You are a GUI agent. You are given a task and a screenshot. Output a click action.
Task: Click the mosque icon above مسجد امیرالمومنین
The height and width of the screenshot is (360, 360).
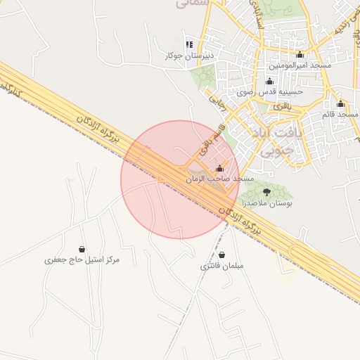click(301, 55)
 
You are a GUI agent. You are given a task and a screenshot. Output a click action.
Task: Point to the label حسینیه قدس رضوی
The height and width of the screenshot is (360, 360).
click(270, 91)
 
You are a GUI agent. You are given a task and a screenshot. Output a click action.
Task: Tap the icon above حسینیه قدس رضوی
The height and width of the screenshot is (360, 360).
click(270, 82)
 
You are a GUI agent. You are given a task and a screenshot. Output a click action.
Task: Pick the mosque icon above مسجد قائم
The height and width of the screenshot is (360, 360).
click(341, 103)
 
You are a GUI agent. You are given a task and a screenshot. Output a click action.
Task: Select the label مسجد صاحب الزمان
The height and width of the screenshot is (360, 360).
click(219, 179)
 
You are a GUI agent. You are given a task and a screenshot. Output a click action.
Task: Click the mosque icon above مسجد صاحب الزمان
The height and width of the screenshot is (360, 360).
click(220, 169)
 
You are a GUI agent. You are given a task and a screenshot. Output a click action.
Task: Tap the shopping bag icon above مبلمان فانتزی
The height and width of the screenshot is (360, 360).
click(222, 255)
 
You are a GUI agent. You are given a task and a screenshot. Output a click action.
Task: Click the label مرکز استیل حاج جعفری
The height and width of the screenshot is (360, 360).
click(82, 259)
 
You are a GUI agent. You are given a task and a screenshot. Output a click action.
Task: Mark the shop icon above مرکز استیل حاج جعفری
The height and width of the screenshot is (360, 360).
click(82, 249)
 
